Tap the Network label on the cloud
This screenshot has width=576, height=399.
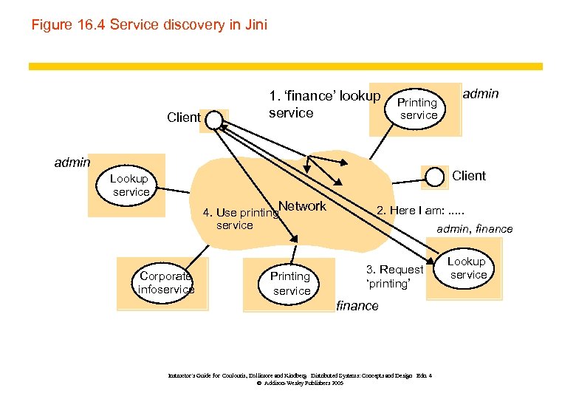coord(303,206)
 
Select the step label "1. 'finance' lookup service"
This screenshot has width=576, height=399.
coord(324,104)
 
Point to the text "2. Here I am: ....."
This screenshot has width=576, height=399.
coord(420,210)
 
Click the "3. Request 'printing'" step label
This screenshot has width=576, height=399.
coord(394,276)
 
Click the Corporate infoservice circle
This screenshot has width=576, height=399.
coord(166,282)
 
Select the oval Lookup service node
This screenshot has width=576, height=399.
coord(467,268)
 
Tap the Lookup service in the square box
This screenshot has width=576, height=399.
coord(130,185)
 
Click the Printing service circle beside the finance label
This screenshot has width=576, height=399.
coord(290,283)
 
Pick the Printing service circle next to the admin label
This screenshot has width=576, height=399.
coord(417,109)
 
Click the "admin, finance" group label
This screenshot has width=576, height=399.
coord(474,229)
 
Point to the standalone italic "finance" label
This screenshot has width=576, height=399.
coord(357,306)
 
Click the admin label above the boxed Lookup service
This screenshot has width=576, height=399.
coord(72,162)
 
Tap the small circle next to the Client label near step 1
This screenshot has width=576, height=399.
coord(213,119)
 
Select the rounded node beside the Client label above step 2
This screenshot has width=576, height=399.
coord(436,176)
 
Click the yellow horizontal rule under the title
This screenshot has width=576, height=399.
coord(285,66)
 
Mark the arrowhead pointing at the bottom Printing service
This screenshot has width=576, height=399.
coord(295,239)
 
